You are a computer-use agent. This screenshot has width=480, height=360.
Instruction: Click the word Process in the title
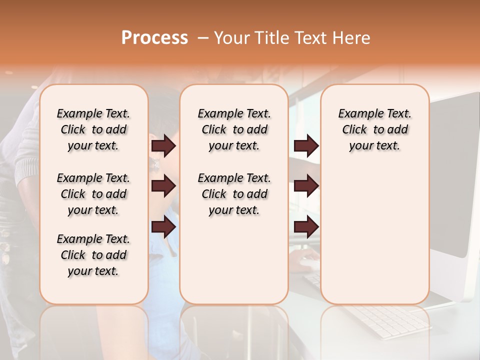(x=154, y=38)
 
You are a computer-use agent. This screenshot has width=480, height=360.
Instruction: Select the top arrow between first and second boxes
(x=163, y=146)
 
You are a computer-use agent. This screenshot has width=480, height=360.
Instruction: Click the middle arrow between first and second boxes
(x=163, y=186)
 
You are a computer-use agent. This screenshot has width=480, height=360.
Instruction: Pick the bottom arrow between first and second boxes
(x=163, y=227)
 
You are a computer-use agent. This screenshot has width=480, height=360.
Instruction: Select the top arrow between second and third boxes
(x=306, y=146)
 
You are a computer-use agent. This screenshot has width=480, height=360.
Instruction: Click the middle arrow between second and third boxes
(x=306, y=186)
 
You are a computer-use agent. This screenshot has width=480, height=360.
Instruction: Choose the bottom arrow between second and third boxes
(x=306, y=227)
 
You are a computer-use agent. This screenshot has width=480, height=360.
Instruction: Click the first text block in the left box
(x=93, y=129)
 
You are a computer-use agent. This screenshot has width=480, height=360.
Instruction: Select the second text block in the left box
(x=93, y=194)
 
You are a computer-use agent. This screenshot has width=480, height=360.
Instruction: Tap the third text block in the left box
(x=93, y=255)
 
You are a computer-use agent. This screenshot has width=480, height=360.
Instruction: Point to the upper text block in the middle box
(x=234, y=129)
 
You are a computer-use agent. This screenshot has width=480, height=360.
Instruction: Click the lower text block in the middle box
(x=234, y=194)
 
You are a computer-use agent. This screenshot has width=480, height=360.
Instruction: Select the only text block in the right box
(x=374, y=129)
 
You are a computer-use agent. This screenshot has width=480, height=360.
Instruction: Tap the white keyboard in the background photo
(x=390, y=320)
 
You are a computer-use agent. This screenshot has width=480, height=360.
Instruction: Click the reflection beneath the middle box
(x=234, y=330)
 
